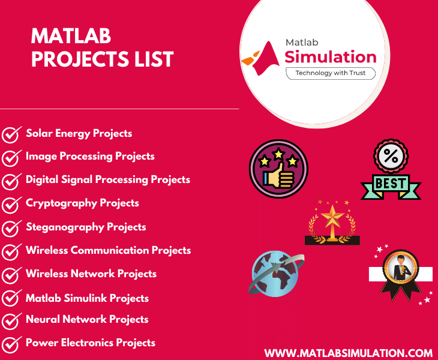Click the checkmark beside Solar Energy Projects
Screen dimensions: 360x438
coord(11,135)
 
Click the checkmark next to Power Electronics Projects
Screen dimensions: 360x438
coord(11,344)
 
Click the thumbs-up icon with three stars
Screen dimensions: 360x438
coord(278,169)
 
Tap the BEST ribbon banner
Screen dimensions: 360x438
coord(391,182)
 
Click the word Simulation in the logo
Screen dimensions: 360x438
coord(331,57)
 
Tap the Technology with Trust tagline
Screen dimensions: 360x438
coord(331,73)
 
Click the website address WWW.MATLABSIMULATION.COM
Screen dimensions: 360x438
coord(349,353)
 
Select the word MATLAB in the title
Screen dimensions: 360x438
coord(71,37)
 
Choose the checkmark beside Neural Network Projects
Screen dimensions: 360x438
coord(11,321)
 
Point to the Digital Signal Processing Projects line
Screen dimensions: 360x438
coord(108,179)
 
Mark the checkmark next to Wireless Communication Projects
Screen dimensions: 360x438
coord(11,252)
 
